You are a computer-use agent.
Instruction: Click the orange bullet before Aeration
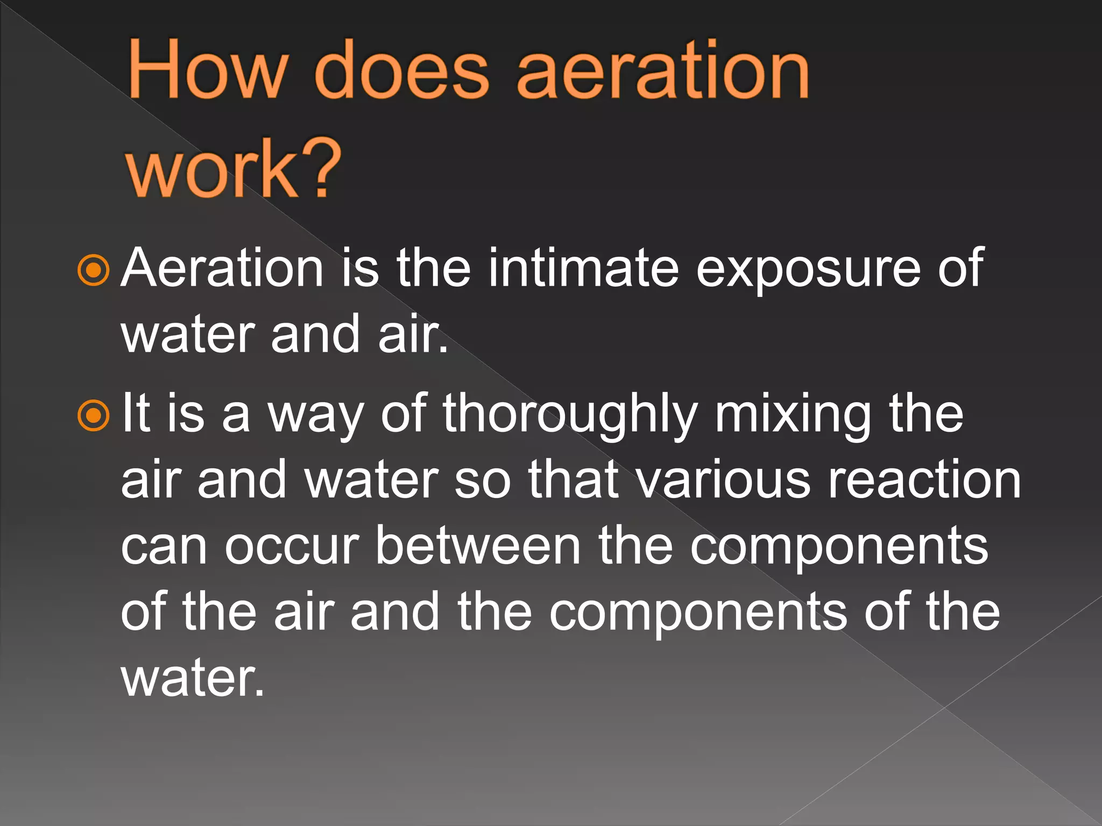94,270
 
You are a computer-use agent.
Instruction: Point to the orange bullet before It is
94,415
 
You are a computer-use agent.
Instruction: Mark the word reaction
924,480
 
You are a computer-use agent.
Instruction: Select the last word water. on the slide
193,679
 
